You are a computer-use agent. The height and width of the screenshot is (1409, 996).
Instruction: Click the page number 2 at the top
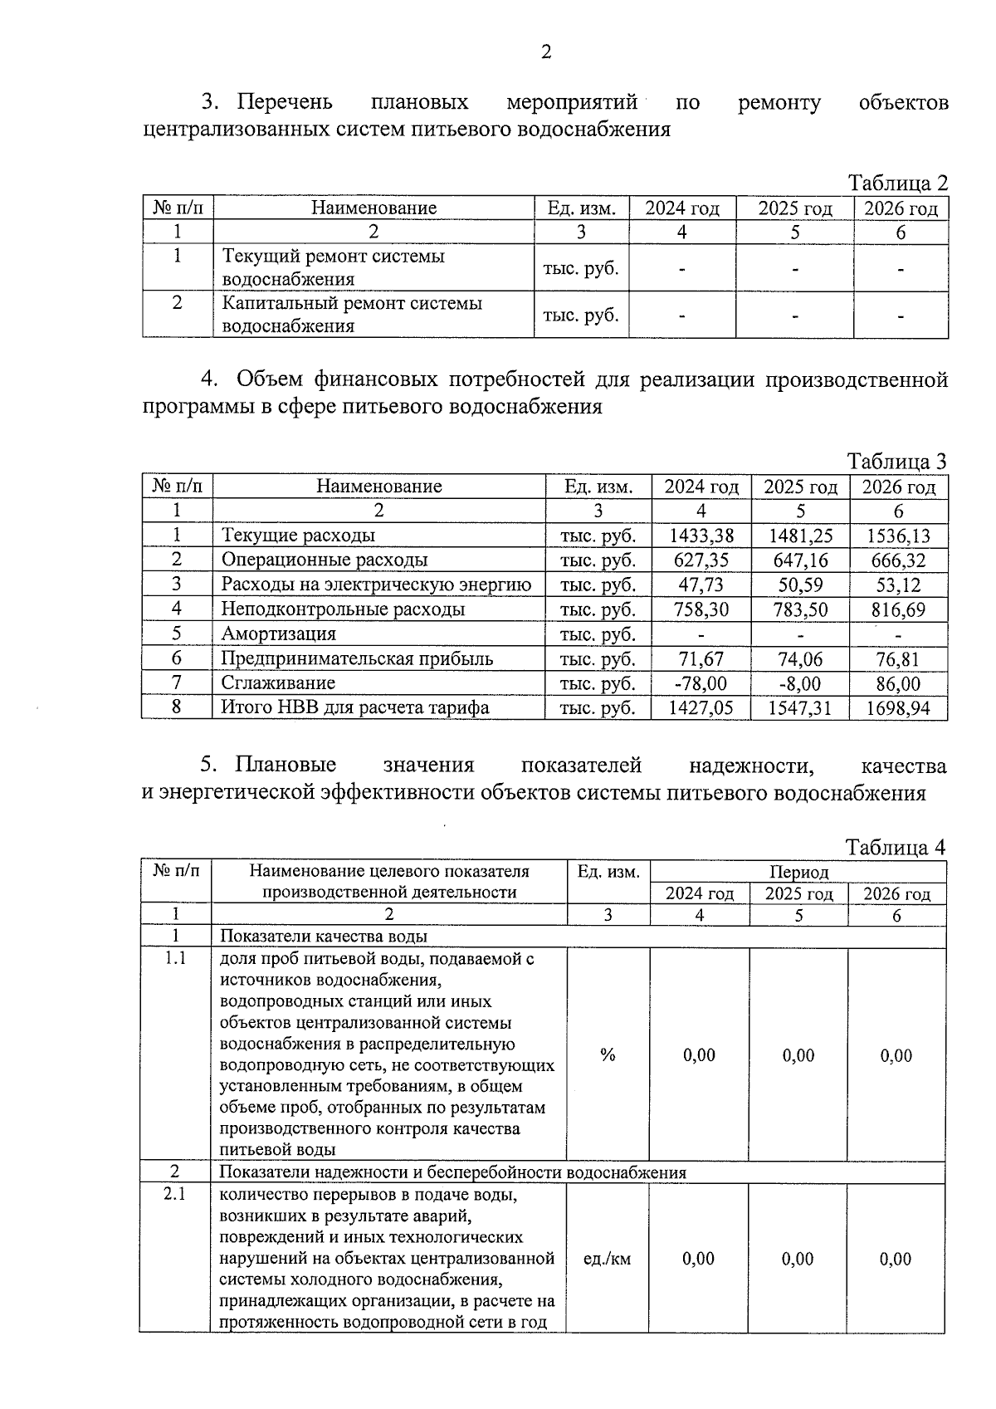(545, 53)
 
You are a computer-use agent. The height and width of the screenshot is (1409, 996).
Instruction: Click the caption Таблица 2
(896, 183)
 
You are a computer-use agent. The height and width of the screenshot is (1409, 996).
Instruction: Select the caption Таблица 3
(896, 462)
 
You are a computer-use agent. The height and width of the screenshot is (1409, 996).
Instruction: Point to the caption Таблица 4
(895, 848)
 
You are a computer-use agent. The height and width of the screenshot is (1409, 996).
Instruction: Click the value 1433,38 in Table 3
(701, 536)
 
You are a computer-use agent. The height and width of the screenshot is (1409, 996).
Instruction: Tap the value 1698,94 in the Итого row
(898, 708)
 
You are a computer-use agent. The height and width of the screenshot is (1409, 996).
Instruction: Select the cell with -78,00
(701, 683)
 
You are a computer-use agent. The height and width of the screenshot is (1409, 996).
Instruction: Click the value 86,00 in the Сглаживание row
(898, 683)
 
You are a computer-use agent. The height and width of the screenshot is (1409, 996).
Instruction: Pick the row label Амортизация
(278, 634)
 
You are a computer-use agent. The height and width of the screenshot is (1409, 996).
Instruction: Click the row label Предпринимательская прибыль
(357, 659)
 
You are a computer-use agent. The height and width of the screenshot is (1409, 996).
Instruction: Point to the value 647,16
(800, 560)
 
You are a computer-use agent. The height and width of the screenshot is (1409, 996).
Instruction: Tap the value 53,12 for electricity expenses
(898, 585)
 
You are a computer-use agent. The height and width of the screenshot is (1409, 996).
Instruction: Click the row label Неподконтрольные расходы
(342, 609)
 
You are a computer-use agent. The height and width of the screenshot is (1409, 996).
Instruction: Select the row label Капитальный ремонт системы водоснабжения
(351, 315)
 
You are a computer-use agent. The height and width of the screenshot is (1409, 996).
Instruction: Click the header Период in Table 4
(798, 872)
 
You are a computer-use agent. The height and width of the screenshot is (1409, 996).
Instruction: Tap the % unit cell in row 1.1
(608, 1054)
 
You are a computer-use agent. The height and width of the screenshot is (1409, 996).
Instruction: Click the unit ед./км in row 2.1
(608, 1259)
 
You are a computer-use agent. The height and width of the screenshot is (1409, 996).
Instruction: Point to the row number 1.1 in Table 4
(175, 959)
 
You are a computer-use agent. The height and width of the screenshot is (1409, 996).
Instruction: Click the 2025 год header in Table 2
(794, 208)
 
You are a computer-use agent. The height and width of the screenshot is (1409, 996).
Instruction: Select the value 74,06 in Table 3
(800, 659)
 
